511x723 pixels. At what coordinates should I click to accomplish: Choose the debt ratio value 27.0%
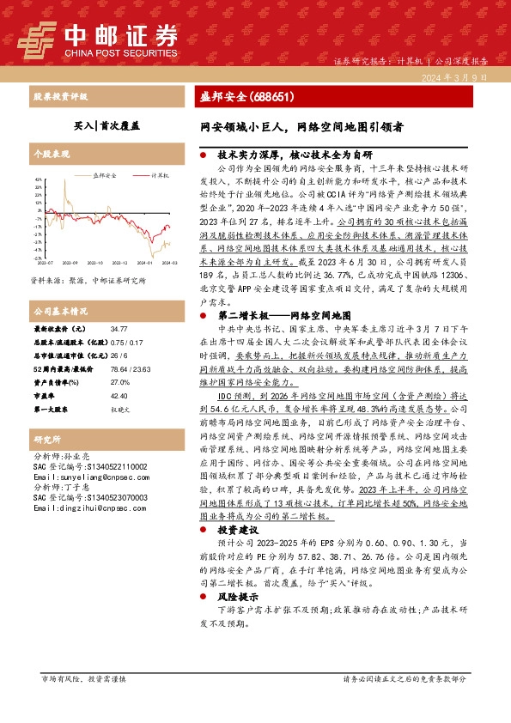(x=119, y=381)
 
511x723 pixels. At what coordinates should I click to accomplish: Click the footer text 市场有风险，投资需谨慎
(x=84, y=702)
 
